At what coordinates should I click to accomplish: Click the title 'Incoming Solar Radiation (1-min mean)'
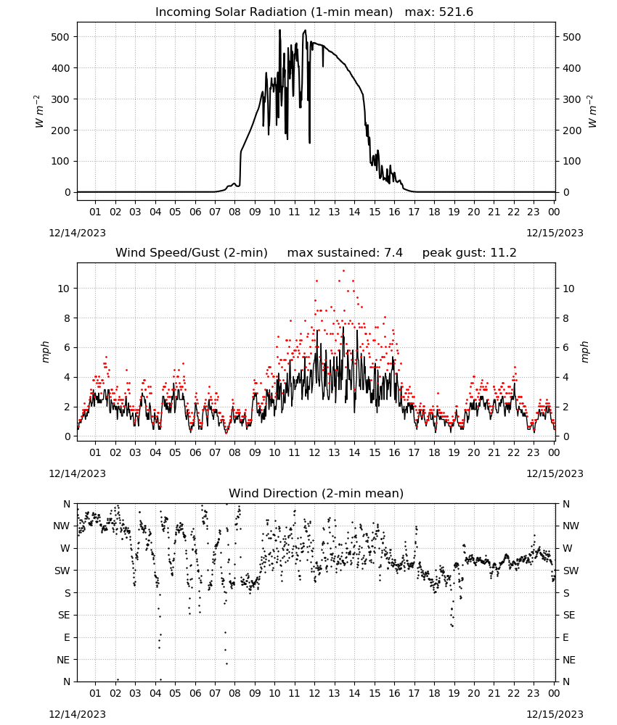coord(274,12)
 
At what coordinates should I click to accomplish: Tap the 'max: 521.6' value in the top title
coord(439,12)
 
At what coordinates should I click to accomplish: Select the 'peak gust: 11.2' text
coord(469,253)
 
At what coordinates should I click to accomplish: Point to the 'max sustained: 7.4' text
coord(345,253)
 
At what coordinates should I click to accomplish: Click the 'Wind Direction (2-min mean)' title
coord(316,493)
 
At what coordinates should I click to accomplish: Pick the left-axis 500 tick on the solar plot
coord(61,37)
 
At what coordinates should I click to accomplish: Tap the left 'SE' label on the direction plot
coord(64,615)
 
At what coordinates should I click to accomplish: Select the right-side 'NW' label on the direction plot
coord(571,526)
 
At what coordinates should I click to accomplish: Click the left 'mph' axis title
coord(45,352)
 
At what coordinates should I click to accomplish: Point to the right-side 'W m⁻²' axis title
coord(592,112)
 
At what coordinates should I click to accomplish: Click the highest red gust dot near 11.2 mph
coord(343,270)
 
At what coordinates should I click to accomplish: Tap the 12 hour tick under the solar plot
coord(314,212)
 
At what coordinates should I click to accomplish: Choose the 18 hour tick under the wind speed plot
coord(434,452)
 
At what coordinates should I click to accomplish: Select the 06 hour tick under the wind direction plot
coord(195,693)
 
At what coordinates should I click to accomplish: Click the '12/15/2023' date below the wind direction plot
coord(555,714)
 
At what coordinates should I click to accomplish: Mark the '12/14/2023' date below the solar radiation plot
coord(77,233)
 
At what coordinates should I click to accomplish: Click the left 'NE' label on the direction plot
coord(63,660)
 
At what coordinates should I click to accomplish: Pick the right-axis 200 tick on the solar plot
coord(572,130)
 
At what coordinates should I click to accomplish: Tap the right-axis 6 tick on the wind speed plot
coord(565,348)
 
